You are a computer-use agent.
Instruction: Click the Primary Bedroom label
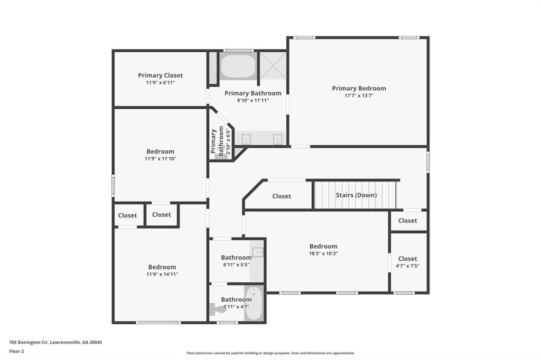pyautogui.click(x=359, y=88)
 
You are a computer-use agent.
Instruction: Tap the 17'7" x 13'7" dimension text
pyautogui.click(x=359, y=96)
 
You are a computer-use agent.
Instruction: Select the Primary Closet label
pyautogui.click(x=160, y=75)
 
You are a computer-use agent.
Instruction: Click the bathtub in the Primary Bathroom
pyautogui.click(x=238, y=67)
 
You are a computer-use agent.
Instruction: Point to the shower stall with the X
pyautogui.click(x=273, y=65)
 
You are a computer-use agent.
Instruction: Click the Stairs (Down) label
pyautogui.click(x=356, y=195)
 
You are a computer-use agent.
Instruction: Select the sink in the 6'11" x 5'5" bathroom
pyautogui.click(x=257, y=252)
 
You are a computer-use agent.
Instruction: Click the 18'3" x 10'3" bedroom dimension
pyautogui.click(x=323, y=253)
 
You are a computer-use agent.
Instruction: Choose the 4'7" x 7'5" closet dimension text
pyautogui.click(x=407, y=266)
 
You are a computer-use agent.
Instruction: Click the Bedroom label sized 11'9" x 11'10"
pyautogui.click(x=160, y=151)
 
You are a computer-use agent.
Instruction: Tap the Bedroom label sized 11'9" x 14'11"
pyautogui.click(x=162, y=267)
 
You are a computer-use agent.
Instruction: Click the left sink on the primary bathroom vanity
pyautogui.click(x=246, y=139)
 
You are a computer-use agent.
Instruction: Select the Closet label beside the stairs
pyautogui.click(x=281, y=196)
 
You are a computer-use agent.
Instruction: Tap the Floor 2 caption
pyautogui.click(x=16, y=351)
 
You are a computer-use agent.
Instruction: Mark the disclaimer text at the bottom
pyautogui.click(x=270, y=353)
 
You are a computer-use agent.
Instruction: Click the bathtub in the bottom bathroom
pyautogui.click(x=254, y=304)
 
